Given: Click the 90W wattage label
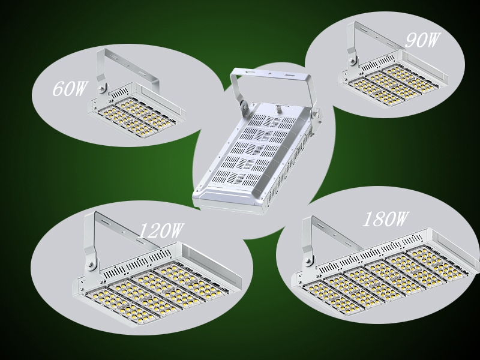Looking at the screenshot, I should tap(422, 41).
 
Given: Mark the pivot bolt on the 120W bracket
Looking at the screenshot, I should tap(90, 263).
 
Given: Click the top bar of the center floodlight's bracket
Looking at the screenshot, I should tap(270, 73).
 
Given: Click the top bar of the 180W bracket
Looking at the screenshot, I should tap(336, 230).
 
